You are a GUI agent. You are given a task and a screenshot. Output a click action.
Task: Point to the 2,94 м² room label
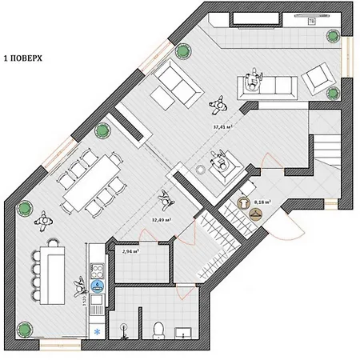(x=130, y=250)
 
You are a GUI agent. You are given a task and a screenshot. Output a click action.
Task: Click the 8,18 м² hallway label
(x=262, y=202)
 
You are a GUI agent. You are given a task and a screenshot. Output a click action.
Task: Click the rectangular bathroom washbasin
(x=182, y=332)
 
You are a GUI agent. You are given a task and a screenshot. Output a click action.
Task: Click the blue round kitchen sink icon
(x=97, y=284)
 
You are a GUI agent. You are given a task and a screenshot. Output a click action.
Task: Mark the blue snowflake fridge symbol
(x=98, y=330)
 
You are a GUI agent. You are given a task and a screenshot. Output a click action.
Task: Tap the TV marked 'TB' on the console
(x=311, y=22)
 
